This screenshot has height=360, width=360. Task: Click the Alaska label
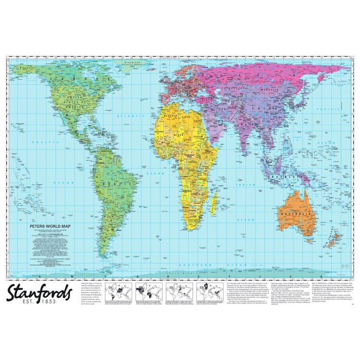coord(23,67)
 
